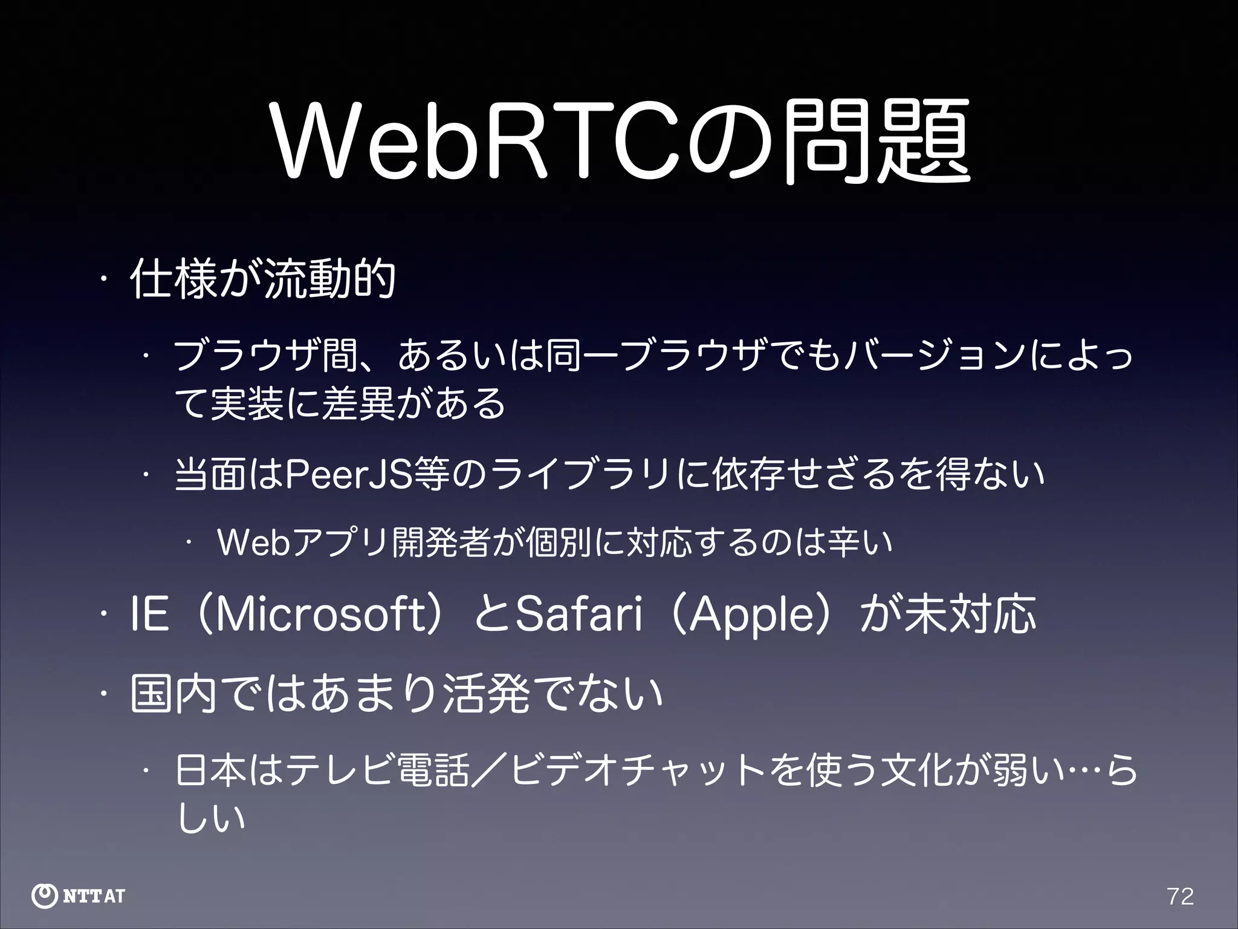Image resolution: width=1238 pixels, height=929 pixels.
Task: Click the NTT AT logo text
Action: (x=94, y=896)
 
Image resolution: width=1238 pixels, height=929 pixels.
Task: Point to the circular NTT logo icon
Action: (x=45, y=896)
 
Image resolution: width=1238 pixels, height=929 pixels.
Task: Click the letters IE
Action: (x=149, y=614)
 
